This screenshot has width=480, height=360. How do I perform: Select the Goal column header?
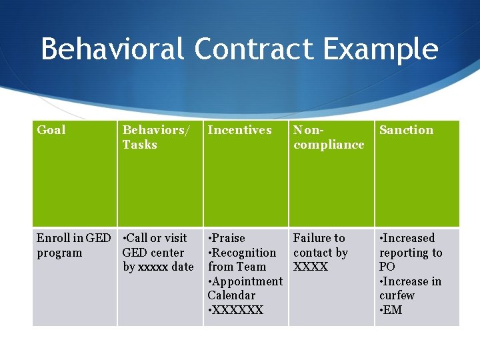tap(51, 130)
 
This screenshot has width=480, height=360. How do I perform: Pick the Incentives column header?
tap(239, 130)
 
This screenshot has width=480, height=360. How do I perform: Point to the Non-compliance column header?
tap(329, 137)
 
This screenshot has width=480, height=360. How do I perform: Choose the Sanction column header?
tap(406, 130)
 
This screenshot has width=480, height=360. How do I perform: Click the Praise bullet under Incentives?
tap(227, 238)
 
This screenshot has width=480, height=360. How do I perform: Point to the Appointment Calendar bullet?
tap(245, 288)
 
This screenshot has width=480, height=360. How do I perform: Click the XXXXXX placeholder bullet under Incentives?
tap(236, 310)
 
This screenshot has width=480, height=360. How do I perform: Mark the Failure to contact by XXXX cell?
tap(320, 252)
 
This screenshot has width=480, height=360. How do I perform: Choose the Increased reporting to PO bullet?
tap(410, 252)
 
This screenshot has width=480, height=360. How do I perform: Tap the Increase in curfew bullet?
tap(410, 288)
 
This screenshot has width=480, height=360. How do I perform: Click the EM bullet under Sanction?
tap(391, 310)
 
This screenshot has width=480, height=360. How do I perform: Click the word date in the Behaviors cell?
tap(181, 267)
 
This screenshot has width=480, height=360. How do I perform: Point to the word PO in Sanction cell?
tap(387, 267)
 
